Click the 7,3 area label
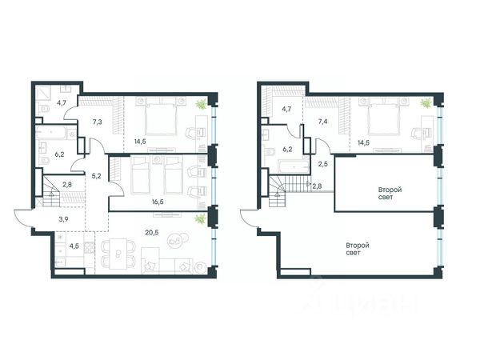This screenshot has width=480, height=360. click(97, 122)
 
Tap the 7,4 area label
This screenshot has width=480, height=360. click(322, 122)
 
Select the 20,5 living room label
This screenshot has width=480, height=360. click(152, 232)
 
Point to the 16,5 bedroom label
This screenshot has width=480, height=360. click(158, 202)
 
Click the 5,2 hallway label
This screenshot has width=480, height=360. click(97, 176)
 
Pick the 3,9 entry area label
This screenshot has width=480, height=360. click(64, 219)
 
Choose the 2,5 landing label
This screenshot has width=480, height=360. click(322, 164)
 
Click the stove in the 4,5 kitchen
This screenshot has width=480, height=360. click(89, 246)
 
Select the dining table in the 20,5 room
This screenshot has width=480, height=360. click(118, 254)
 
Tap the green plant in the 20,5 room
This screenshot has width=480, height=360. click(201, 219)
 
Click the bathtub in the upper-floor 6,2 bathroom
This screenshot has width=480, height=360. click(294, 166)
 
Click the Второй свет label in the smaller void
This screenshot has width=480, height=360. click(390, 194)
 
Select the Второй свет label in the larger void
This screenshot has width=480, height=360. click(358, 249)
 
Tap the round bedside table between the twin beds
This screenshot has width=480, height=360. click(158, 159)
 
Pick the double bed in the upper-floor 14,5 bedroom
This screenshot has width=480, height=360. click(385, 117)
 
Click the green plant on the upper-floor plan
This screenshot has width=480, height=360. click(426, 103)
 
